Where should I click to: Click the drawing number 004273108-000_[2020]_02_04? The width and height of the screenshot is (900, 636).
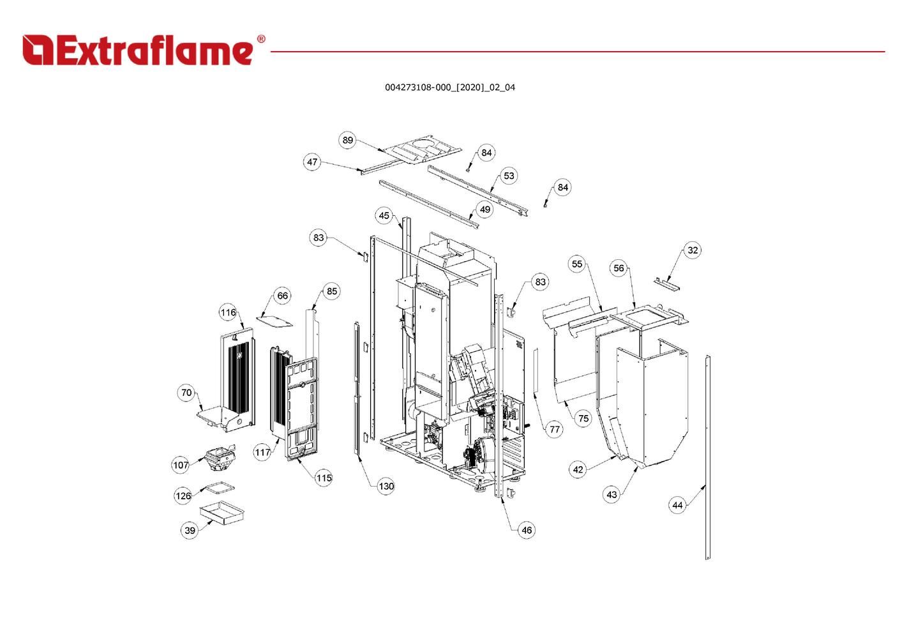click(450, 87)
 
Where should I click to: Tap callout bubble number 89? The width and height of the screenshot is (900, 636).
click(347, 140)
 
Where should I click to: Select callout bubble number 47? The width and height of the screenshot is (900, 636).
click(311, 162)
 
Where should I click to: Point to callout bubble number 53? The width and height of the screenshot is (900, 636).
click(509, 176)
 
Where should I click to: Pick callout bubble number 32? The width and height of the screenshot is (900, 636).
click(693, 250)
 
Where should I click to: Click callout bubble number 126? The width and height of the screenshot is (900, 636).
click(183, 496)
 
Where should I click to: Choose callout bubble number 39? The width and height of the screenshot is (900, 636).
click(190, 530)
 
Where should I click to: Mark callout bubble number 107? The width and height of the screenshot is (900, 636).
click(181, 465)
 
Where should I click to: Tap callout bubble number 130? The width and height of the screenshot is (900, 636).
click(386, 487)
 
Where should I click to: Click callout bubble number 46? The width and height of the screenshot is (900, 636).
click(527, 530)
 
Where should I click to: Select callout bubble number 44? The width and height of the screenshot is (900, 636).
click(677, 505)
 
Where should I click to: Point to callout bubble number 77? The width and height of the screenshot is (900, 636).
click(555, 429)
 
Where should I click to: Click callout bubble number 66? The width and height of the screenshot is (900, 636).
click(283, 296)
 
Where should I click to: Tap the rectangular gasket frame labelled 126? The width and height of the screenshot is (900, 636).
click(220, 488)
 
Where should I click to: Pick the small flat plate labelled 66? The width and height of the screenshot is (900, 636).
click(275, 321)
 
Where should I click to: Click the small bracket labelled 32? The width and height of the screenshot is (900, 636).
click(666, 284)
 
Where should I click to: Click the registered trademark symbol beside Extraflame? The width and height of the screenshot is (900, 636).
click(261, 39)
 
